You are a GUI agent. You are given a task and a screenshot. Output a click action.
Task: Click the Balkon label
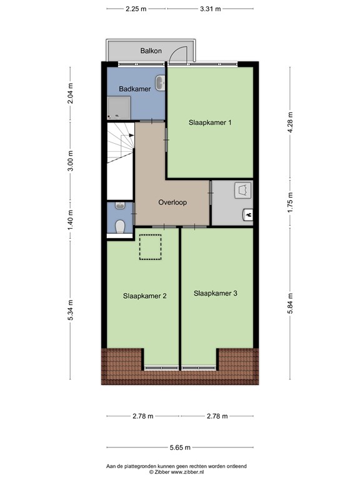click(x=151, y=51)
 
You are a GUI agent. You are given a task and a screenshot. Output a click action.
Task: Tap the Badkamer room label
click(x=135, y=89)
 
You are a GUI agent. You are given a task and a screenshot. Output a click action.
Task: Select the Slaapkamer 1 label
click(x=210, y=122)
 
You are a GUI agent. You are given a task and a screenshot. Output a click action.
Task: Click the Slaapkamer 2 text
click(x=145, y=296)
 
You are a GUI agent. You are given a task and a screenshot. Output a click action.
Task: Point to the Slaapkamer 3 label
click(x=216, y=293)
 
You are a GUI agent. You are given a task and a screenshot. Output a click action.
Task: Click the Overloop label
click(x=172, y=202)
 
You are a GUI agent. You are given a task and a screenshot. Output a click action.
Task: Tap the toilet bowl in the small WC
click(x=120, y=226)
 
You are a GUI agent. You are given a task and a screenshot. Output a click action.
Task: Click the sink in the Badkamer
click(x=160, y=83)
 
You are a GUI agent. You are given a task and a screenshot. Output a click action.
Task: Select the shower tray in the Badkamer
click(x=119, y=107)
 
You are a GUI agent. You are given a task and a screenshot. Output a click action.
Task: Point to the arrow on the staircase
click(x=131, y=135)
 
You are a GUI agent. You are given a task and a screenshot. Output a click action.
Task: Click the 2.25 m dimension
click(x=136, y=9)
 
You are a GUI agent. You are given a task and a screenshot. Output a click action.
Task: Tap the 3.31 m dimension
click(x=210, y=9)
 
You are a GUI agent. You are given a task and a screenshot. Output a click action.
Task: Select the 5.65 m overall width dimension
click(x=180, y=447)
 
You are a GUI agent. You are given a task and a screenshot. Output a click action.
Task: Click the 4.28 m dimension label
click(x=290, y=122)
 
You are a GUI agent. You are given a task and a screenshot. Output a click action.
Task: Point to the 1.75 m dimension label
click(x=290, y=202)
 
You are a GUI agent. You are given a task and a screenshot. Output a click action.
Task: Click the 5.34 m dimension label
click(x=71, y=310)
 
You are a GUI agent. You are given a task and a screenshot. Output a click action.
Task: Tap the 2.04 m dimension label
click(x=71, y=93)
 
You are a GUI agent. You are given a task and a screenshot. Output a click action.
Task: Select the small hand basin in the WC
click(x=120, y=206)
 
